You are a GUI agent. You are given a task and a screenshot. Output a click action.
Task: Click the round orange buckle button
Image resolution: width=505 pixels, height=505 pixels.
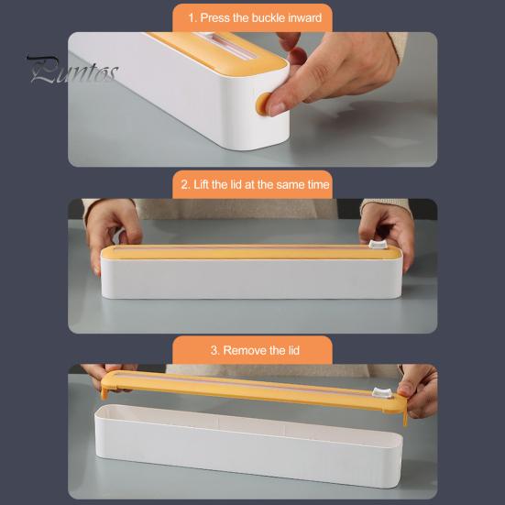pos(262,104)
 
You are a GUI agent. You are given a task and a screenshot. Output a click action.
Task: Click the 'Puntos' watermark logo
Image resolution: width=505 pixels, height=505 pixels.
pos(73,70)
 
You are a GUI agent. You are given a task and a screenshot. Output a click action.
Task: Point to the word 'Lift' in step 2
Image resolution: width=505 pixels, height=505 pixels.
pos(201,184)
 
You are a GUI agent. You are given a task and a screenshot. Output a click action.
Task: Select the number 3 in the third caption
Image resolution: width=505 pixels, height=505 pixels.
pos(214,350)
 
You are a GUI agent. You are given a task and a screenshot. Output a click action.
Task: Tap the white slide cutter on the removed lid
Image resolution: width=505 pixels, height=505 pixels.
pos(382,392)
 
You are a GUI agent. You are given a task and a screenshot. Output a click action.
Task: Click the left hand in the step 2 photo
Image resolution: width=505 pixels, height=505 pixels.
pos(112,231)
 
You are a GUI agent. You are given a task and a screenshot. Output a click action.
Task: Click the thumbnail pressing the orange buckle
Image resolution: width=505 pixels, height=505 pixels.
pos(278,108)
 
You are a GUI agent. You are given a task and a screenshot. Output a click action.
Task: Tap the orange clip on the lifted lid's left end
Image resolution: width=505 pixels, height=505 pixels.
pos(104,393)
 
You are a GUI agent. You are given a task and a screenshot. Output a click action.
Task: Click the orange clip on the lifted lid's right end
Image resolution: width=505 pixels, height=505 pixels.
pos(405,418)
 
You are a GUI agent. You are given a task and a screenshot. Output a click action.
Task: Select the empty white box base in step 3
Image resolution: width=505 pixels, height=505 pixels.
pos(248,446)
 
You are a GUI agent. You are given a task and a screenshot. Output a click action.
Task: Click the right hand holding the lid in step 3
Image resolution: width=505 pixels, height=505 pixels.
pos(418,391)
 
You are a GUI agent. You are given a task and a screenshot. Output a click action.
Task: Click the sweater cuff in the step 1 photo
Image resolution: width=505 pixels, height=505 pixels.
pos(398,46)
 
